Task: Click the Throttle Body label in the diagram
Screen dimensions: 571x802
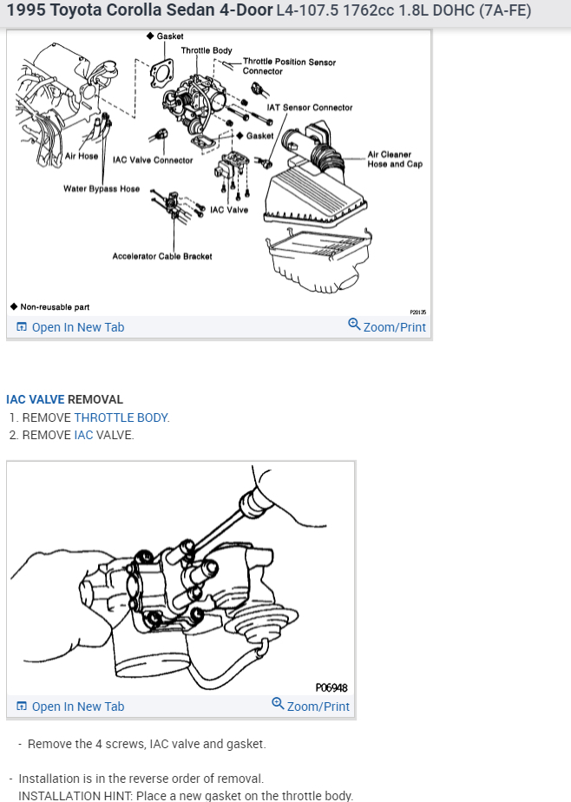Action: [207, 50]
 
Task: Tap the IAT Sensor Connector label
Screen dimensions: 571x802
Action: [310, 108]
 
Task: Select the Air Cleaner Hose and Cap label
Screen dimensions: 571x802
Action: [395, 159]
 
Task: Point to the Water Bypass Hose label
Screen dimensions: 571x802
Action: [102, 188]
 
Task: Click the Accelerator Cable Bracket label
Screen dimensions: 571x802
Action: [162, 256]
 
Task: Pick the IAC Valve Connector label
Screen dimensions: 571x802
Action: [153, 160]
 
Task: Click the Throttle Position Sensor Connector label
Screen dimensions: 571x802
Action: [289, 67]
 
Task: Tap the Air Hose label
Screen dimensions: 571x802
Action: [82, 156]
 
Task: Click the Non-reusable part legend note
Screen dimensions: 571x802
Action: [50, 307]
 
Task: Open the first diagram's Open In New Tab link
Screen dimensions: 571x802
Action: [70, 327]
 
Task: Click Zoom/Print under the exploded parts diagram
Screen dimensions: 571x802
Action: [387, 326]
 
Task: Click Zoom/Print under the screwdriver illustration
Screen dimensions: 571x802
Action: [311, 706]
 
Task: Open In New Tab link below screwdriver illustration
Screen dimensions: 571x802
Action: [70, 707]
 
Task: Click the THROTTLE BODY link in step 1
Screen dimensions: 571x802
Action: [121, 417]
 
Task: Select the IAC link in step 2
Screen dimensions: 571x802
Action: [84, 435]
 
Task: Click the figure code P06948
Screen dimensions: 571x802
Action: [331, 688]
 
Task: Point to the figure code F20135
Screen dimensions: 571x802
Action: [417, 312]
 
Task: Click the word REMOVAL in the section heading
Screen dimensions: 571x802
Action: [95, 399]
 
